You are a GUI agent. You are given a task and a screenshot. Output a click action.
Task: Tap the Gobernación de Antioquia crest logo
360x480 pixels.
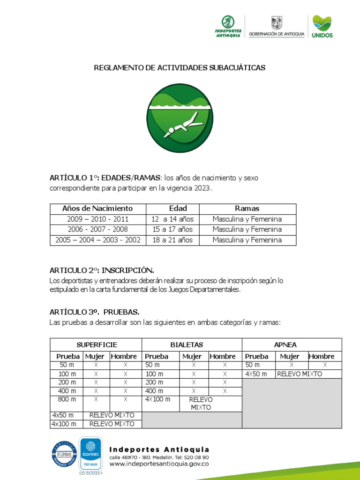pyautogui.click(x=277, y=27)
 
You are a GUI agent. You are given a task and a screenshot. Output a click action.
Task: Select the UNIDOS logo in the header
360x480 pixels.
pyautogui.click(x=322, y=27)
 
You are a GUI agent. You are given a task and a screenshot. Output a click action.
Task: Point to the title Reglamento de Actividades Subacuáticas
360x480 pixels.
pyautogui.click(x=180, y=68)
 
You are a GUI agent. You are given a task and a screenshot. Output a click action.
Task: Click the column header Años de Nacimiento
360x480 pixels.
pyautogui.click(x=97, y=209)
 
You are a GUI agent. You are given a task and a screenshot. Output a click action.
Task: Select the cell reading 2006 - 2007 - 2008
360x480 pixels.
pyautogui.click(x=97, y=230)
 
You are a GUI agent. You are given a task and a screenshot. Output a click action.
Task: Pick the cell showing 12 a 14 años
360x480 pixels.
pyautogui.click(x=172, y=219)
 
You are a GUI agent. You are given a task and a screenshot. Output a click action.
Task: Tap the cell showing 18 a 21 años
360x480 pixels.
pyautogui.click(x=172, y=240)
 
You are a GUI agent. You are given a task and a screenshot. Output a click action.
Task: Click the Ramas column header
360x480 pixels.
pyautogui.click(x=247, y=209)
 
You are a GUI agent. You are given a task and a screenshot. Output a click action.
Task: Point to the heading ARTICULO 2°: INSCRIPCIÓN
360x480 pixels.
pyautogui.click(x=102, y=270)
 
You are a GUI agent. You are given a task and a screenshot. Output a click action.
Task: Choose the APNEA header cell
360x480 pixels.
pyautogui.click(x=292, y=345)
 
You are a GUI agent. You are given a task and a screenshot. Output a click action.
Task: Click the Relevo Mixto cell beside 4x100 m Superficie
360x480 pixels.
pyautogui.click(x=112, y=424)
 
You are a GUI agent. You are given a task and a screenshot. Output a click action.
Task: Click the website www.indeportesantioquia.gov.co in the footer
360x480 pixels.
pyautogui.click(x=158, y=464)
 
